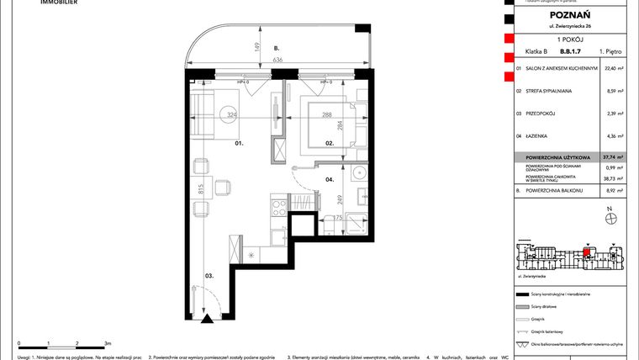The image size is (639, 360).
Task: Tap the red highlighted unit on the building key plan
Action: [x=586, y=253]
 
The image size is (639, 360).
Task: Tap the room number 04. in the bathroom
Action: [x=330, y=179]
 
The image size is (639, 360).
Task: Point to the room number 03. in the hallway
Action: [x=208, y=274]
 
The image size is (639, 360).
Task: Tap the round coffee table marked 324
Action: [x=230, y=114]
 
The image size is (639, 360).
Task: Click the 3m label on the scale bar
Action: [x=106, y=344]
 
